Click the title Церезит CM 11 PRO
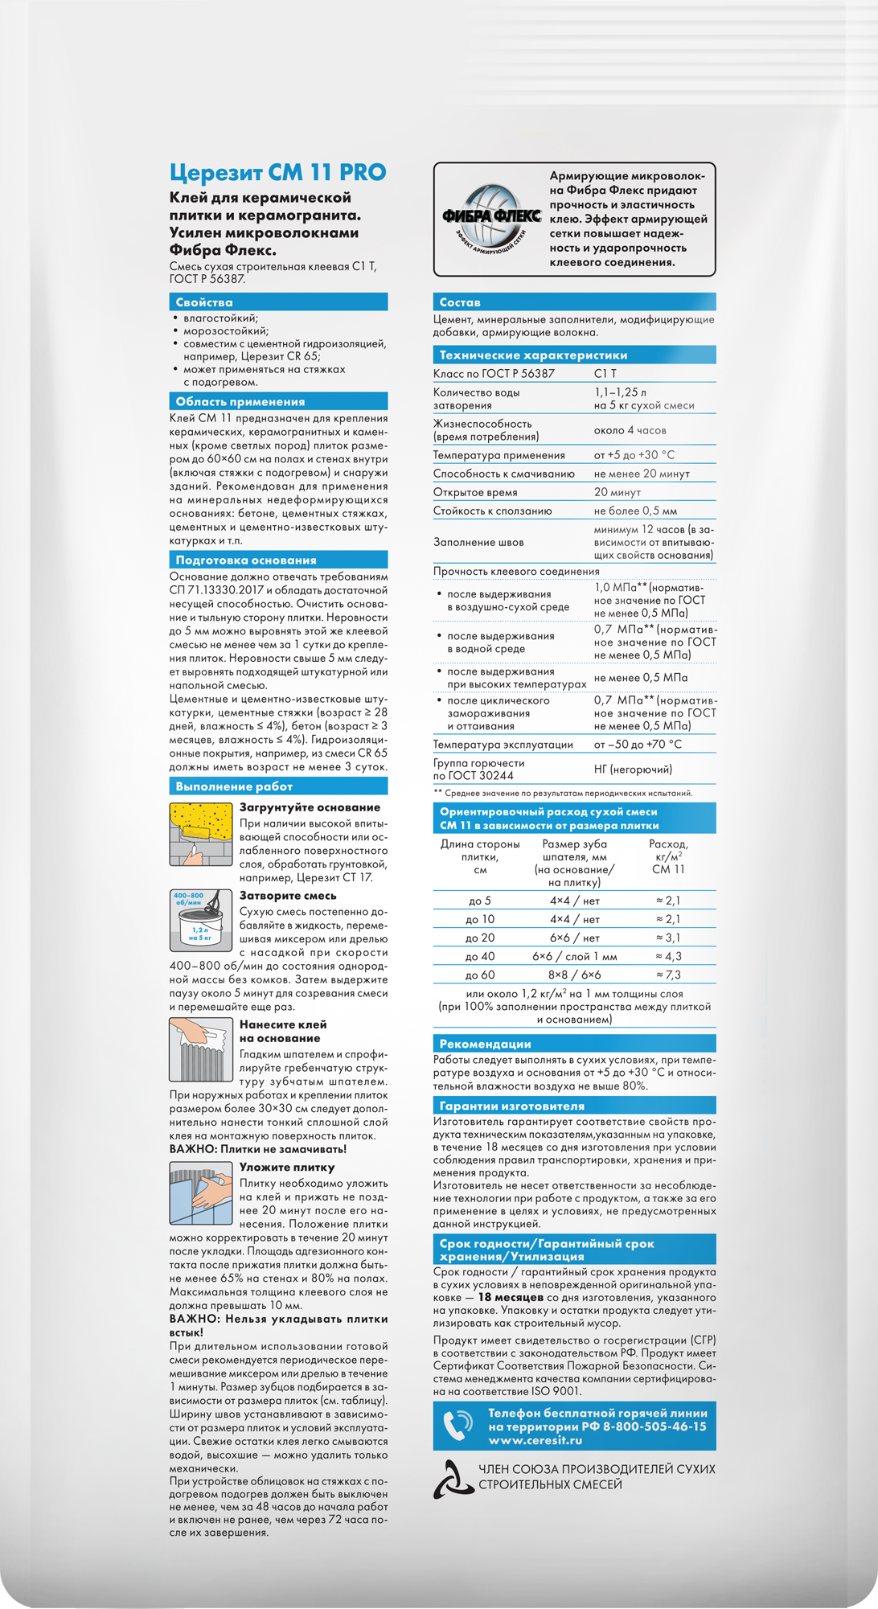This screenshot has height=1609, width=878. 277,172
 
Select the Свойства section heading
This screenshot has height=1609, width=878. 204,302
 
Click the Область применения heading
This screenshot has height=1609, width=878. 240,401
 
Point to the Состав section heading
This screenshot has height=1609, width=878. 459,302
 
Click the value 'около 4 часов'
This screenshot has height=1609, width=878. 630,430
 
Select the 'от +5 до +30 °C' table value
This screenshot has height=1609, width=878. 634,455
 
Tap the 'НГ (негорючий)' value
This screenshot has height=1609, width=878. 633,770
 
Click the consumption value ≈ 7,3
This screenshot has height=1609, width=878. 668,975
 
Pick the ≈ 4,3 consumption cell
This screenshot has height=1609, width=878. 668,956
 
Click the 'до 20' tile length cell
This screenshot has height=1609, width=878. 480,938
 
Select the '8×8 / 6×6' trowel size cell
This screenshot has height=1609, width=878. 574,975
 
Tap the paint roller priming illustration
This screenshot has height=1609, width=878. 201,834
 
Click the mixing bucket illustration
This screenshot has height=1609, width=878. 201,920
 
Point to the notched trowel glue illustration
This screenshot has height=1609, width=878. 201,1049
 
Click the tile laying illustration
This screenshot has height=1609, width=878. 201,1193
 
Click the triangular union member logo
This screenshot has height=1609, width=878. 452,1479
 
